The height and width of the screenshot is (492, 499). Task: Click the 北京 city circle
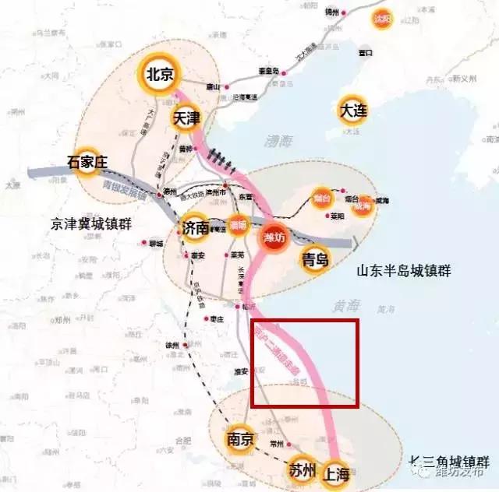160,75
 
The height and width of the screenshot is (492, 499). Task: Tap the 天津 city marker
186,118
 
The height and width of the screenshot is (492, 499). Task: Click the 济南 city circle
195,227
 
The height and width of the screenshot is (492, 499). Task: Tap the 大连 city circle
352,111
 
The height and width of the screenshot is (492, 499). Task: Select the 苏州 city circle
301,469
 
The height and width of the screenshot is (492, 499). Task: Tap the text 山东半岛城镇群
404,271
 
